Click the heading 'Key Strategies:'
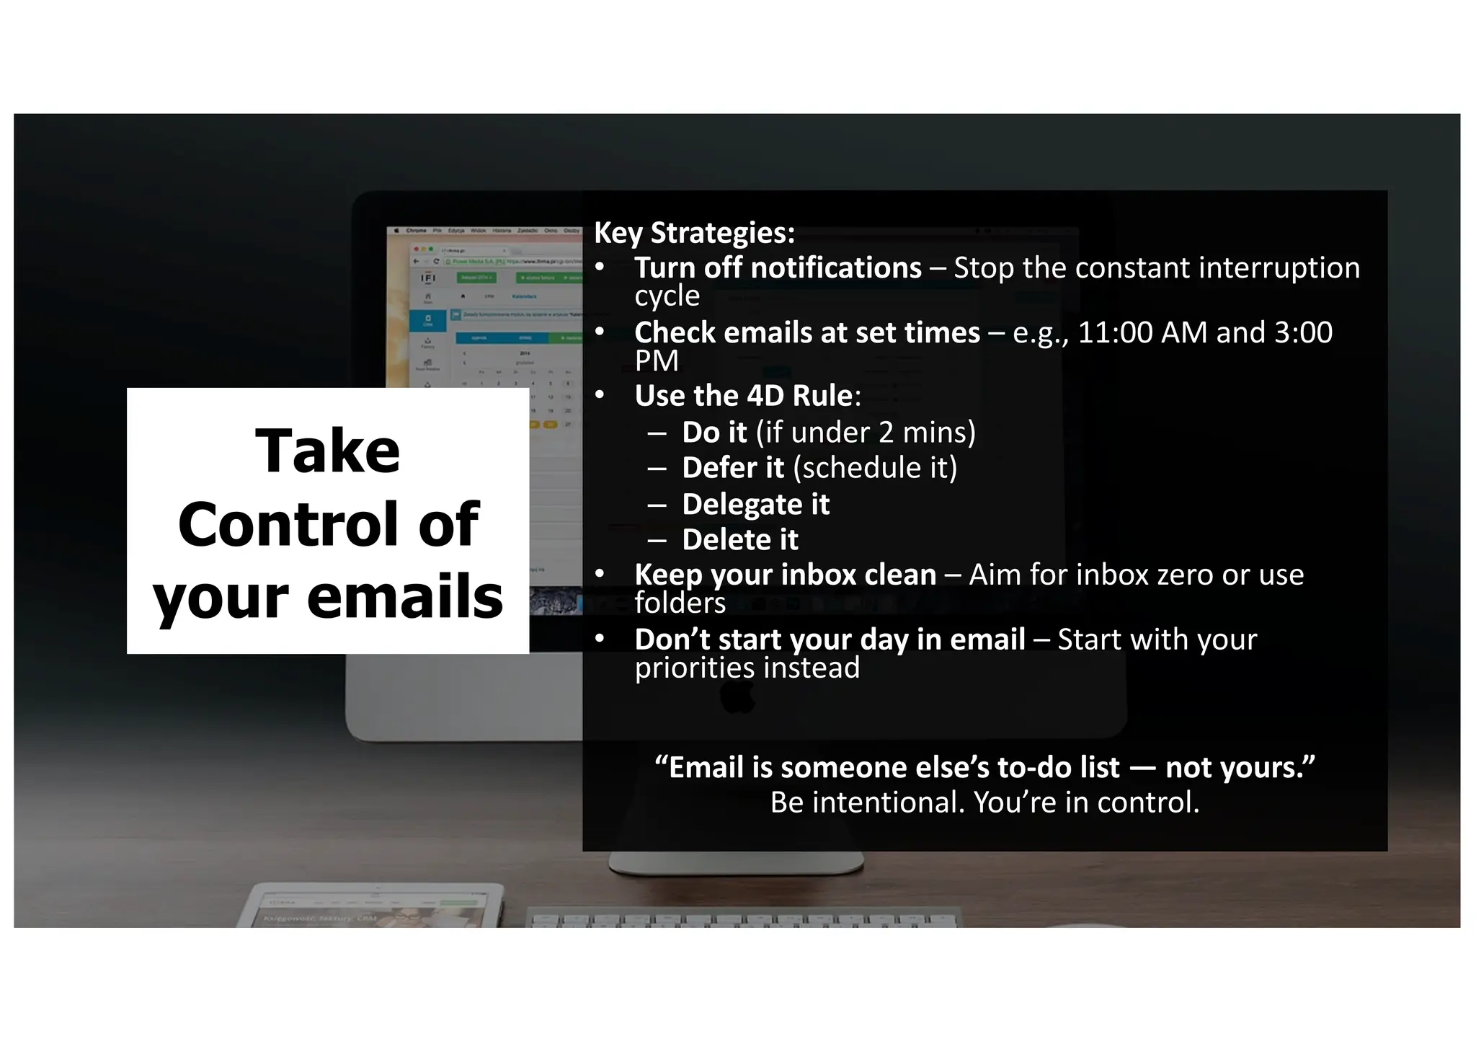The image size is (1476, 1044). (694, 233)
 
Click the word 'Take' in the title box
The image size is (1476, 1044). (327, 451)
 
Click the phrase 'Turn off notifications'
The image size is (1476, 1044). (778, 268)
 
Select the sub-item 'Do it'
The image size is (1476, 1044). (714, 433)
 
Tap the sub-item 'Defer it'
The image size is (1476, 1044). (732, 468)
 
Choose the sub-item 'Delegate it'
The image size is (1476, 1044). (755, 505)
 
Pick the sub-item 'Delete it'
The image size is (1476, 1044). (739, 540)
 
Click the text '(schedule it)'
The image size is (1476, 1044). (875, 468)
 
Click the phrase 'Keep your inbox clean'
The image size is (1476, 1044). (785, 575)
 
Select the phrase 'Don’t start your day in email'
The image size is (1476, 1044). (830, 640)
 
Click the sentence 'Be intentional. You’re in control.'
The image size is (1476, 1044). (984, 802)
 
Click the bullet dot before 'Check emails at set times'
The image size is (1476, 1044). (600, 332)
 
